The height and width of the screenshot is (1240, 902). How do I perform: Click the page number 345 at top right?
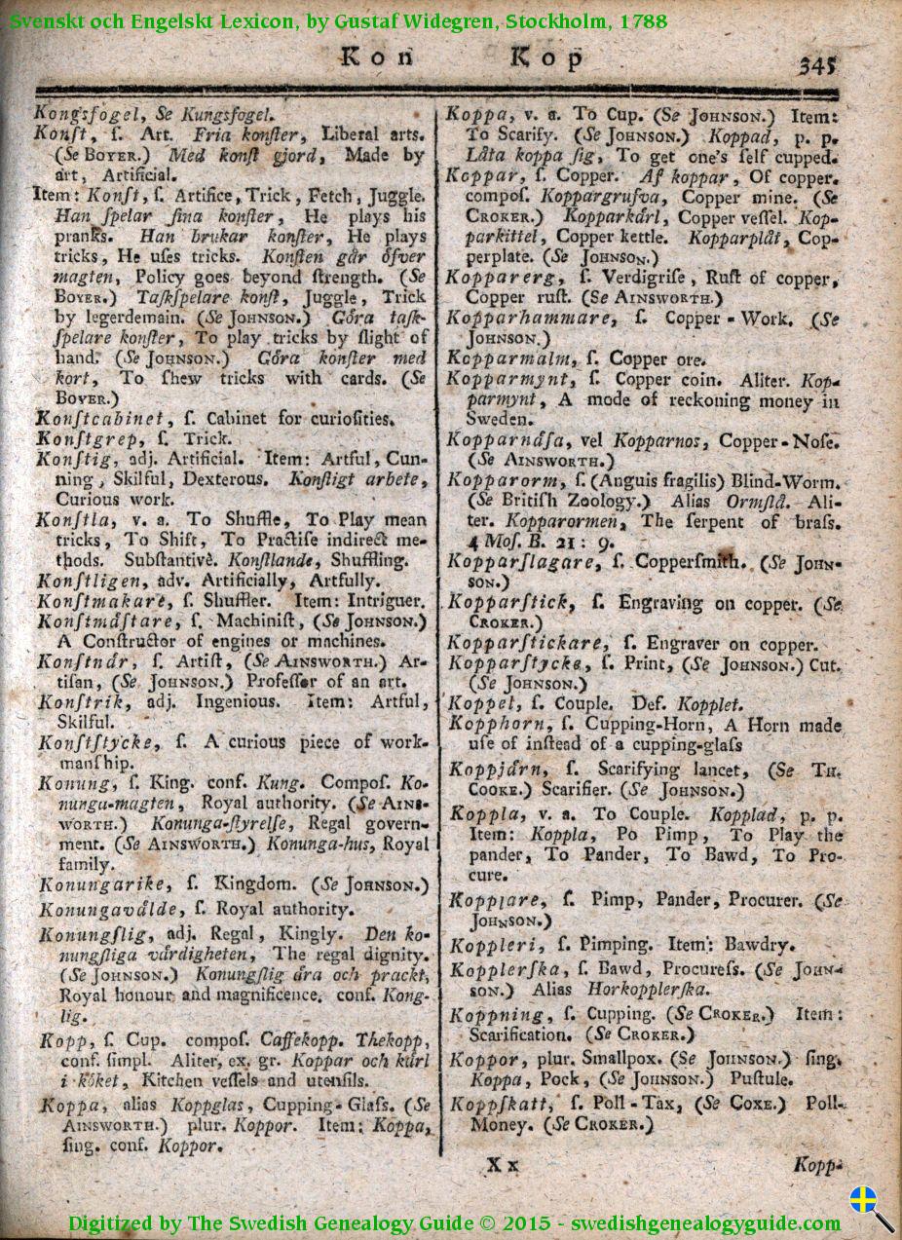pyautogui.click(x=818, y=65)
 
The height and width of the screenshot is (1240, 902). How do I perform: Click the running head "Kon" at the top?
pyautogui.click(x=377, y=57)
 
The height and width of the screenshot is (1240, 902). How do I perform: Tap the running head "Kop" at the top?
pyautogui.click(x=547, y=58)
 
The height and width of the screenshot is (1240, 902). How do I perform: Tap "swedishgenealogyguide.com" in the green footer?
pyautogui.click(x=706, y=1223)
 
